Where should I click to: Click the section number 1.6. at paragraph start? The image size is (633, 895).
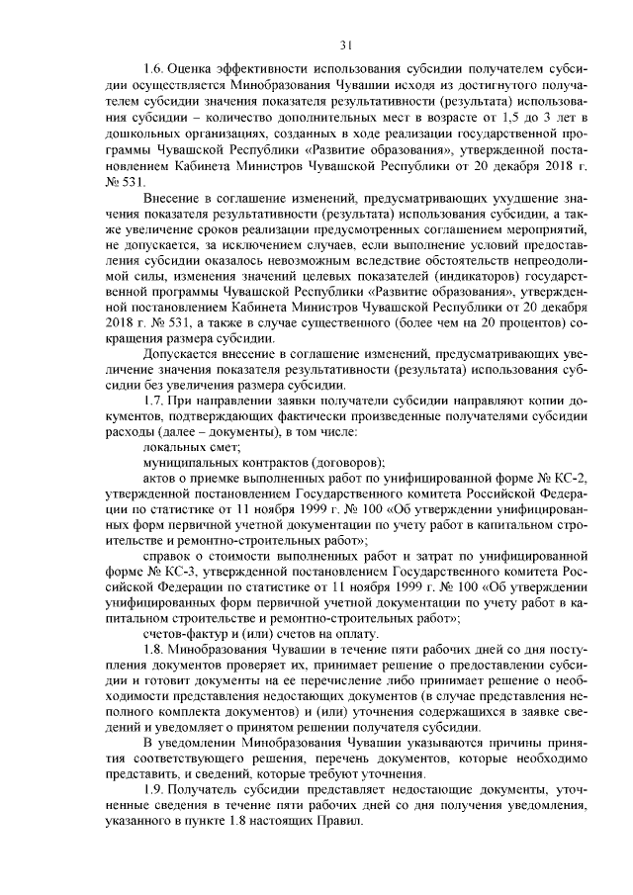pyautogui.click(x=154, y=70)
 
